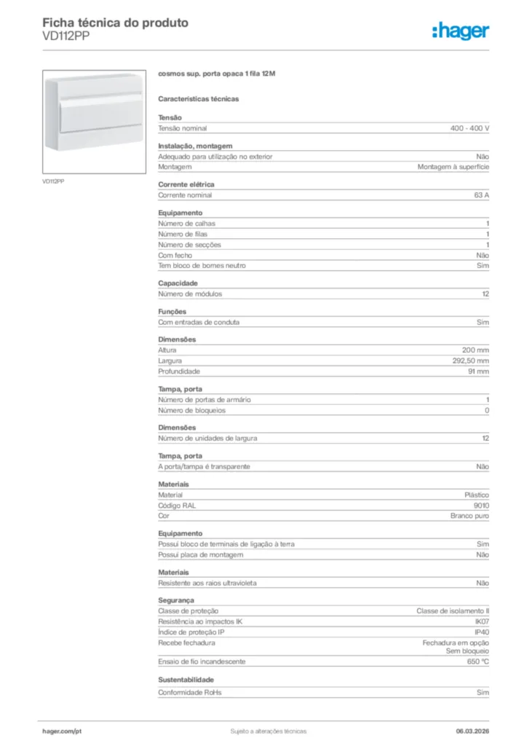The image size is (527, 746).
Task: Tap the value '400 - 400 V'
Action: (469, 128)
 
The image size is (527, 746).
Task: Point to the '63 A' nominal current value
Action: (481, 195)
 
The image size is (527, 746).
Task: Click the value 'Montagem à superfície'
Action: (453, 167)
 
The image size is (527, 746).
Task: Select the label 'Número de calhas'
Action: (186, 224)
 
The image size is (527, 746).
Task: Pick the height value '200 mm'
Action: (475, 350)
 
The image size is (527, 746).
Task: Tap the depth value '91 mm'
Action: (478, 372)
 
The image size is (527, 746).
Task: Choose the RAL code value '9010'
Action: (480, 505)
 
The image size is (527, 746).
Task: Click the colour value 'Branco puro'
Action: (469, 516)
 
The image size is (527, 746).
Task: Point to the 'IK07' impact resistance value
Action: (481, 621)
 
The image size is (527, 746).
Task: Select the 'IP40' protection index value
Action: (481, 632)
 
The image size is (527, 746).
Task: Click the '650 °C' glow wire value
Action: (478, 661)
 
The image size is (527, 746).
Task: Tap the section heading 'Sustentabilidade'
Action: (186, 680)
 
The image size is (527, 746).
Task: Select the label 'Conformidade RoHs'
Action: (189, 692)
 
